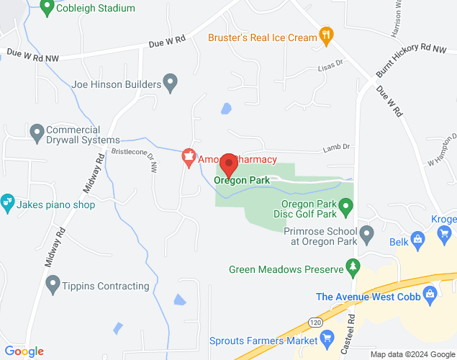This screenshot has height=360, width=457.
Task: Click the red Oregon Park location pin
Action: pyautogui.click(x=229, y=164)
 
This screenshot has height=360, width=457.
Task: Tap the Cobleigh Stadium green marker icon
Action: pyautogui.click(x=47, y=8)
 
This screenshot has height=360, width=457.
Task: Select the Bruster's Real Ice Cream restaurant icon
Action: pyautogui.click(x=326, y=37)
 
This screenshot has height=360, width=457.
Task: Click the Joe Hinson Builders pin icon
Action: pyautogui.click(x=171, y=84)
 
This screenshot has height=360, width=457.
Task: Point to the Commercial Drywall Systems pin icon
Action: pyautogui.click(x=37, y=132)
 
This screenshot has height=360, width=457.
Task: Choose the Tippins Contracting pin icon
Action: pyautogui.click(x=52, y=285)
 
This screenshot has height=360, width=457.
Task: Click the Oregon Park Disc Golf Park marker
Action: pyautogui.click(x=345, y=209)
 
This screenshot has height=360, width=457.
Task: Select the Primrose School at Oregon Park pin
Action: pyautogui.click(x=367, y=234)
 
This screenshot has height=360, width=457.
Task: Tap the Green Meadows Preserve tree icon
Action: pyautogui.click(x=353, y=269)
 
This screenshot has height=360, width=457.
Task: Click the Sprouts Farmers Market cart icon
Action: pyautogui.click(x=327, y=338)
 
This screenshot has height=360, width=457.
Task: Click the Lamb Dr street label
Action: pyautogui.click(x=335, y=147)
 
